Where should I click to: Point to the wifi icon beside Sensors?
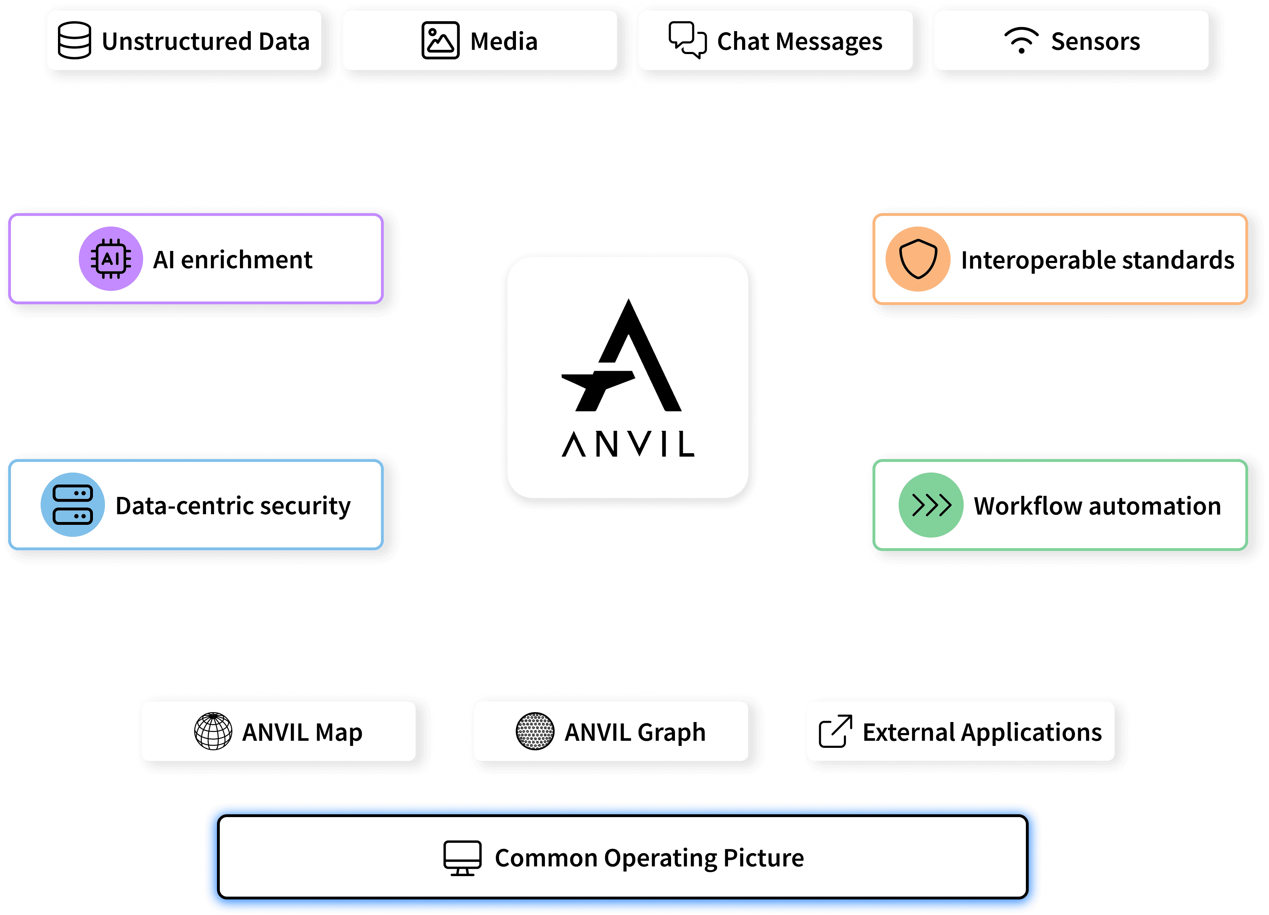(x=1021, y=40)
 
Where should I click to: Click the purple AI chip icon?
(x=111, y=259)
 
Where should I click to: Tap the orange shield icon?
(x=918, y=259)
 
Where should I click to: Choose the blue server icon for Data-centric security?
(x=73, y=505)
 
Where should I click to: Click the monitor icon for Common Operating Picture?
(x=462, y=857)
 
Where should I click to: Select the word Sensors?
(x=1095, y=41)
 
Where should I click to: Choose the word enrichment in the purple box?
(x=246, y=260)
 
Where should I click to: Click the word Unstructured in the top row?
(x=177, y=41)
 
